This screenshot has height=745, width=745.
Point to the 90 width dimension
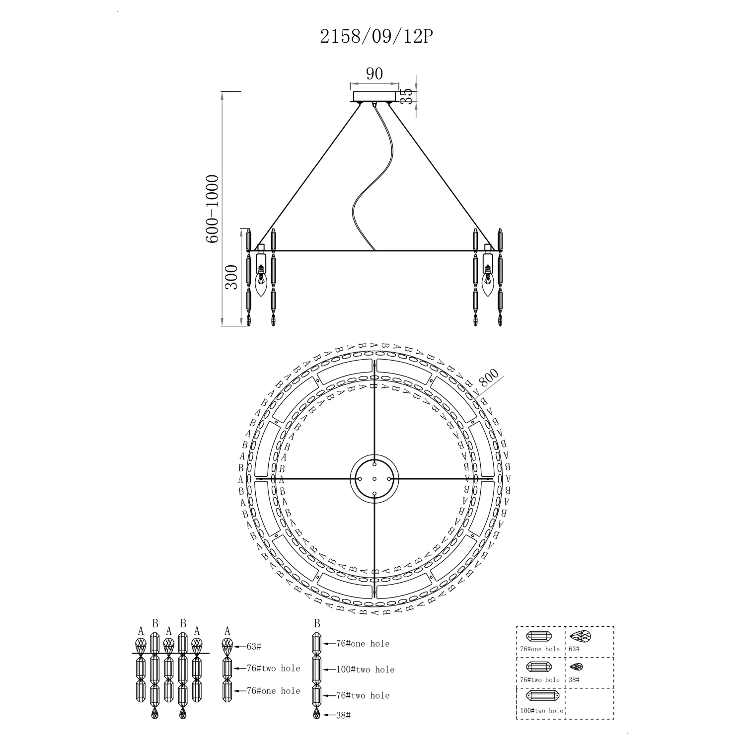374,74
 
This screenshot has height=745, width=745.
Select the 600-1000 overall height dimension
212,209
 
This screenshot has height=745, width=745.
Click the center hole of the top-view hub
374,479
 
